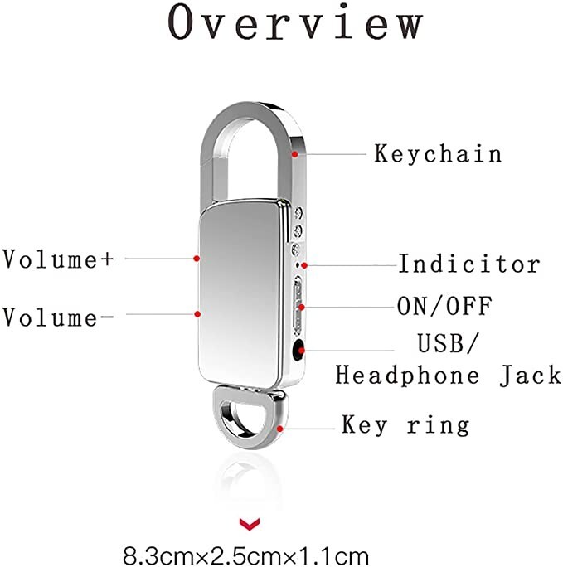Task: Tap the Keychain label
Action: click(439, 154)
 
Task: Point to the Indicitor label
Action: click(469, 265)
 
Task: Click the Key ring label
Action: click(405, 426)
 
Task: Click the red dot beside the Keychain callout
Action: click(293, 153)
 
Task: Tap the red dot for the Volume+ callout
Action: click(197, 259)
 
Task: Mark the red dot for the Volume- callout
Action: click(197, 313)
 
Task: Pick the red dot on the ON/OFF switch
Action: click(301, 308)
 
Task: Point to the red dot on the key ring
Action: click(282, 427)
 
